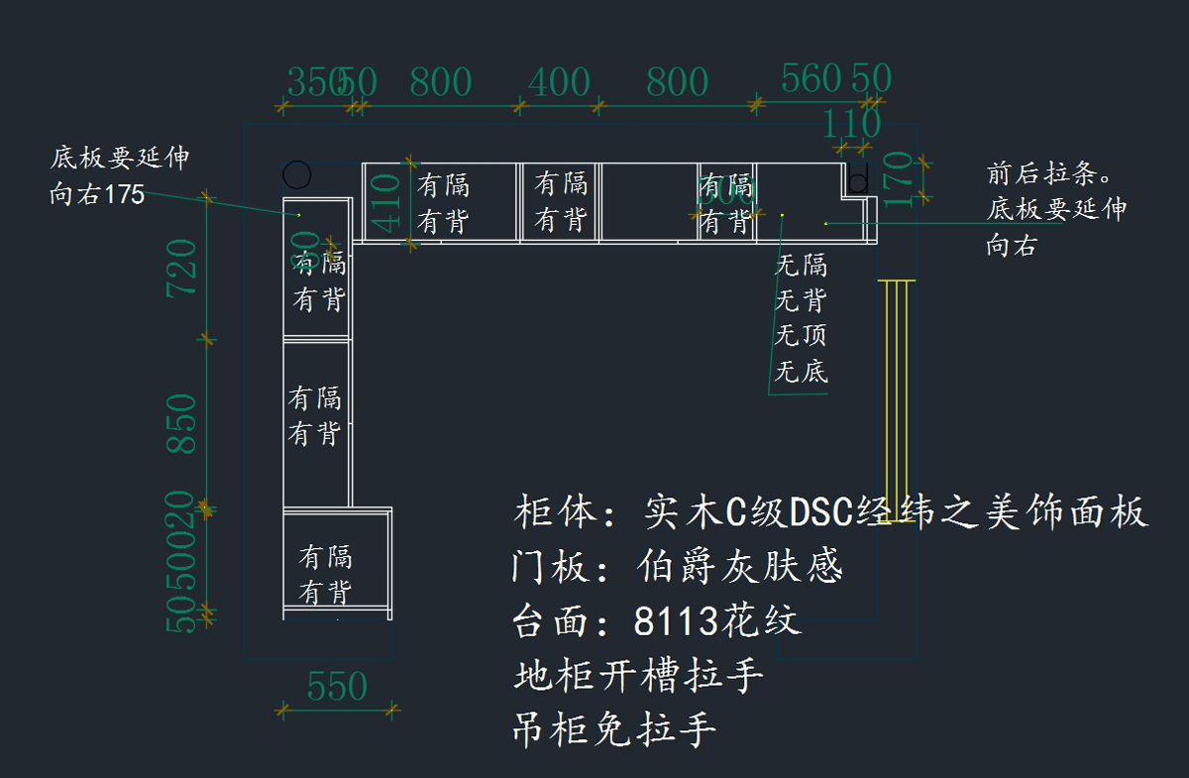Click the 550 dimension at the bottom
point(337,687)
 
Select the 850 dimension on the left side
point(182,424)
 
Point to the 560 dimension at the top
point(811,78)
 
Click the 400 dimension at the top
point(559,82)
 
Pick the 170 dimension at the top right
point(898,179)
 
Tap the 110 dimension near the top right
point(852,124)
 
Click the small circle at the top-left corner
point(296,174)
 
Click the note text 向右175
point(97,195)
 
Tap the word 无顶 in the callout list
point(801,337)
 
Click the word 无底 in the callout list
point(801,373)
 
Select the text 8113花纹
point(716,622)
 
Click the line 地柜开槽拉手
point(639,677)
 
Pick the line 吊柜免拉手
point(614,731)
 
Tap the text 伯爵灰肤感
point(739,568)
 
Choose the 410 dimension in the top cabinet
point(385,202)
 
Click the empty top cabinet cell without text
point(649,202)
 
